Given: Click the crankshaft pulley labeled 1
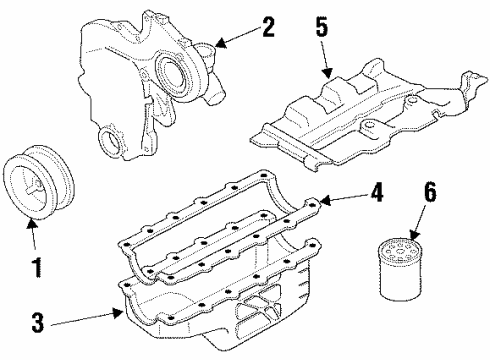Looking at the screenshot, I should [x=34, y=181].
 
